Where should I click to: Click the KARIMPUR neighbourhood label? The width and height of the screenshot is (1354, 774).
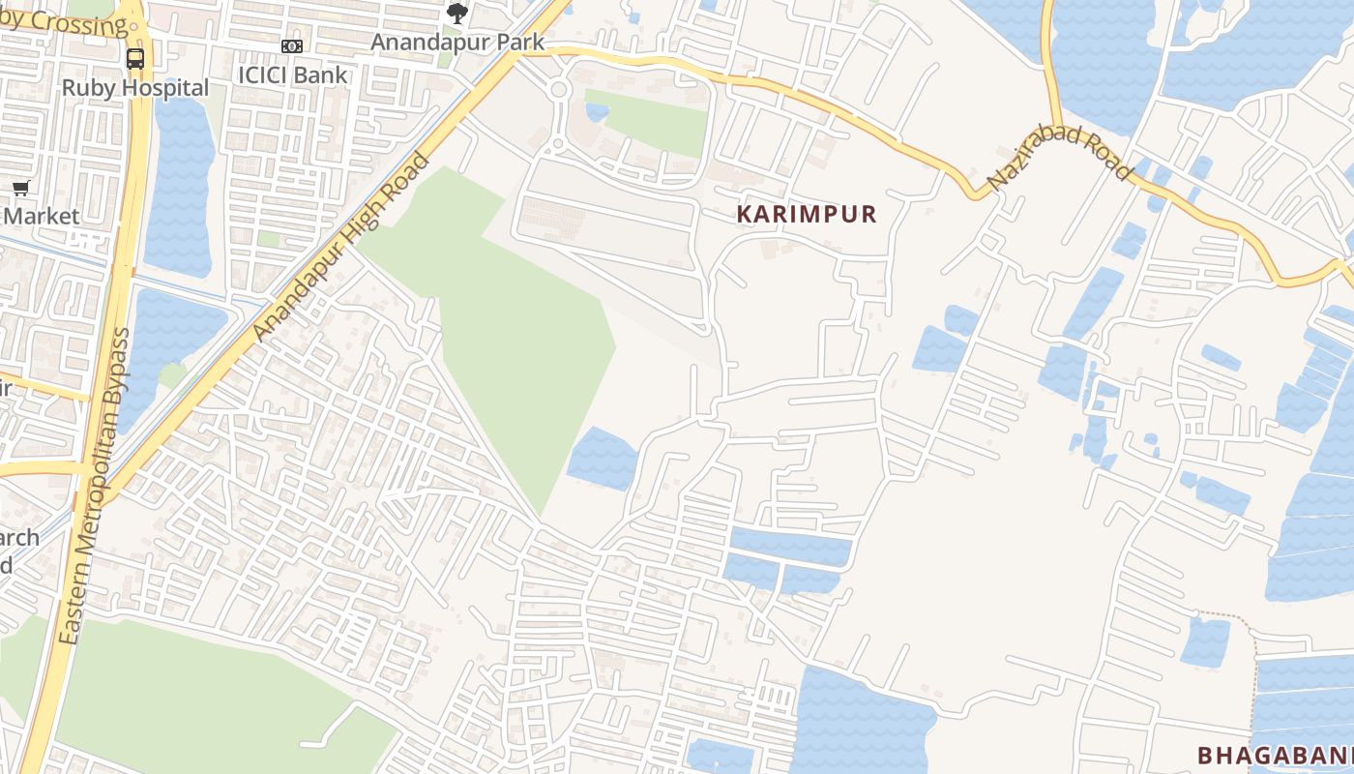click(x=807, y=215)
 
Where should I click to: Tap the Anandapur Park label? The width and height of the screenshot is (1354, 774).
click(x=457, y=43)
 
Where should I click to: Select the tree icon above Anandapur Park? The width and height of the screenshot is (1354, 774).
click(x=457, y=14)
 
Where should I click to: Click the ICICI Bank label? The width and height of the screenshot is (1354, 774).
click(x=292, y=74)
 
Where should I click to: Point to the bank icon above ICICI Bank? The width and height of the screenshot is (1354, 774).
click(x=292, y=46)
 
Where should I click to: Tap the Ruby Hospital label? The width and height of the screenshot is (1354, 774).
click(x=135, y=88)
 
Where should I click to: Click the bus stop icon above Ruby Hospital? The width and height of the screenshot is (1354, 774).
click(x=135, y=58)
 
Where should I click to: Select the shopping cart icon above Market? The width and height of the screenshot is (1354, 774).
click(x=20, y=188)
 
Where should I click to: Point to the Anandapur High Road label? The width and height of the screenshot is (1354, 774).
click(x=339, y=248)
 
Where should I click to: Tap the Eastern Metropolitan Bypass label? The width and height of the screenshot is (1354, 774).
click(x=94, y=487)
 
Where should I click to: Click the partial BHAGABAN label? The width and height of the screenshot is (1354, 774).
click(x=1273, y=756)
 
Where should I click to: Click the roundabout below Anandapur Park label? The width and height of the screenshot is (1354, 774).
click(x=558, y=91)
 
